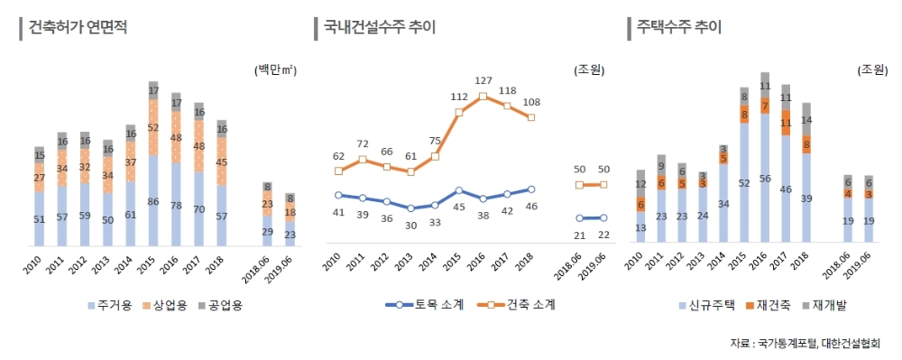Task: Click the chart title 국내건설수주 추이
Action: coord(380,27)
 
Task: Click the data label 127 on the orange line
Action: coord(483,81)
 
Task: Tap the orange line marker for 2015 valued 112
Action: coord(459,112)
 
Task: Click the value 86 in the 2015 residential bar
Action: coord(153,201)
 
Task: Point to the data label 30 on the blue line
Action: coord(410,225)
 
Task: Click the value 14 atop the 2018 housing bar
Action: coord(806,119)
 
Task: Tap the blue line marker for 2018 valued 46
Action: coord(530,189)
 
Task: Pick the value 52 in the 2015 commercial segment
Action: coord(153,128)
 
